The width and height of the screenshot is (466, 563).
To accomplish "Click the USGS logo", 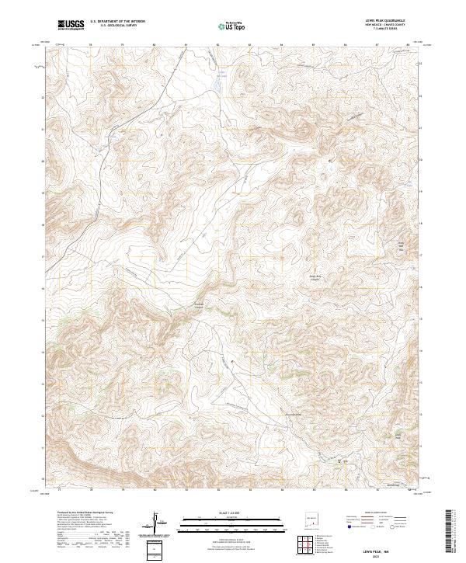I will click(71, 26).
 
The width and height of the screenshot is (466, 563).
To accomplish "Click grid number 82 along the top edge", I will click(218, 44).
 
